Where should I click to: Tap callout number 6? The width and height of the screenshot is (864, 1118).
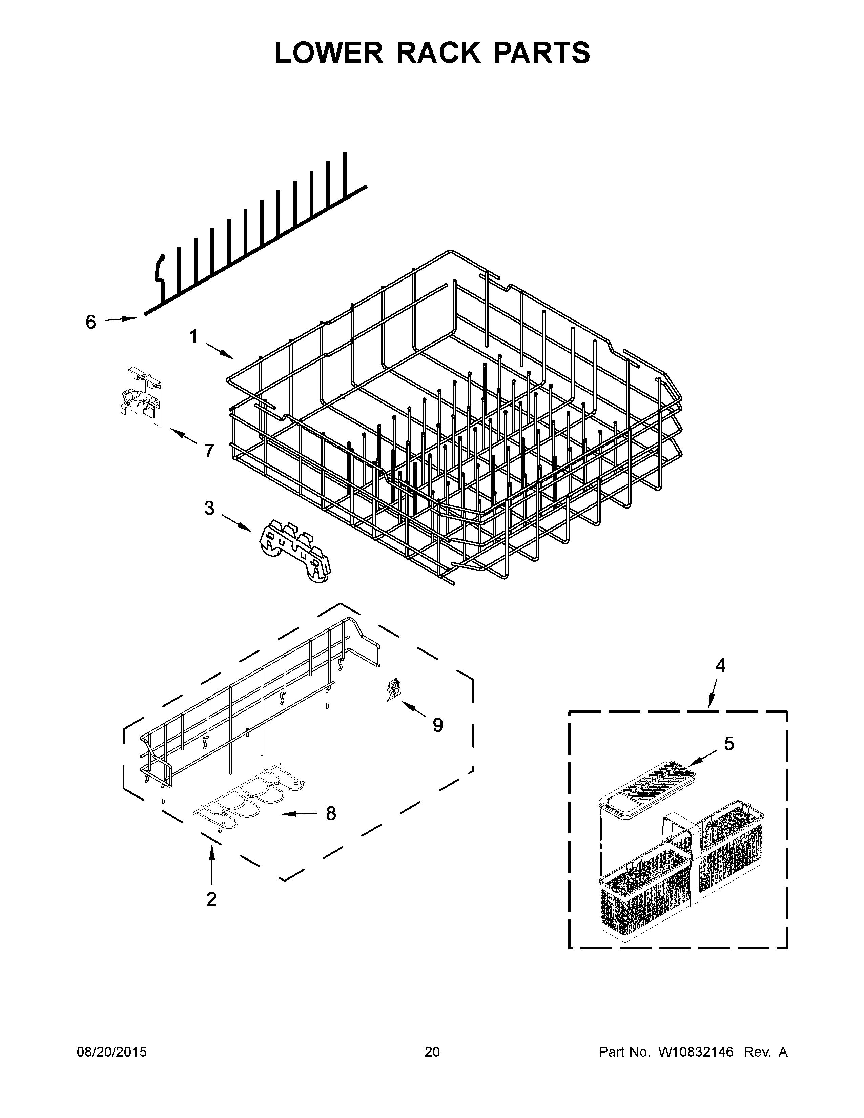(90, 322)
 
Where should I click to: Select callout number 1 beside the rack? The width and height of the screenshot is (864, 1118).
(193, 336)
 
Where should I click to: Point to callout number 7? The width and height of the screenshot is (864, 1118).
(209, 451)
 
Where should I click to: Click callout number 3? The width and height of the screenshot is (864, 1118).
(209, 508)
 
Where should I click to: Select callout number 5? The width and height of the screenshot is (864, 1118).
(729, 743)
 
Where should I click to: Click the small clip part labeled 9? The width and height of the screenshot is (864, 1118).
(393, 689)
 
